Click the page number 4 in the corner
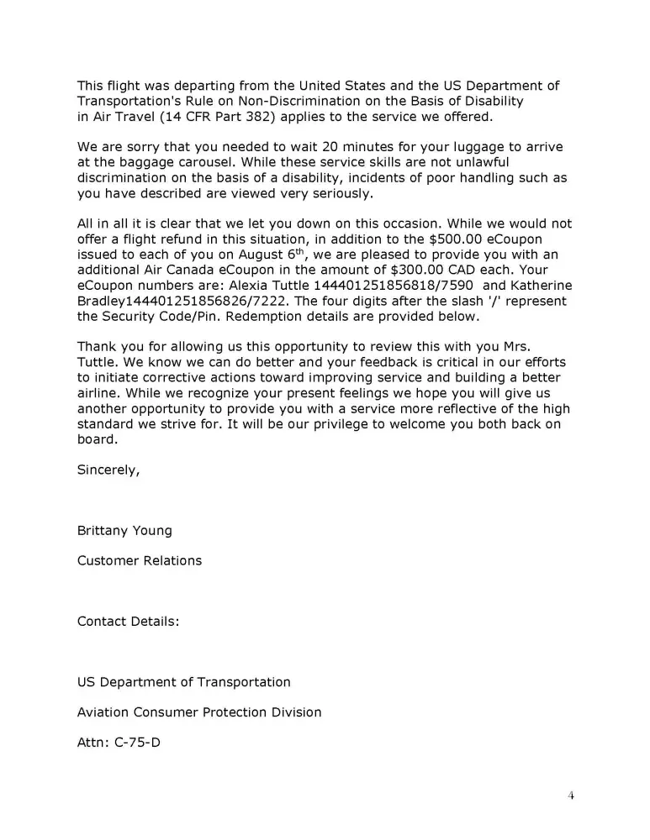[x=571, y=796]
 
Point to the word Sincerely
[x=108, y=470]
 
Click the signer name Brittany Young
[x=124, y=531]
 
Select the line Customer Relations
[x=140, y=560]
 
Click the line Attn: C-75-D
[x=119, y=743]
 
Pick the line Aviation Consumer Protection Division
[x=199, y=712]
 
